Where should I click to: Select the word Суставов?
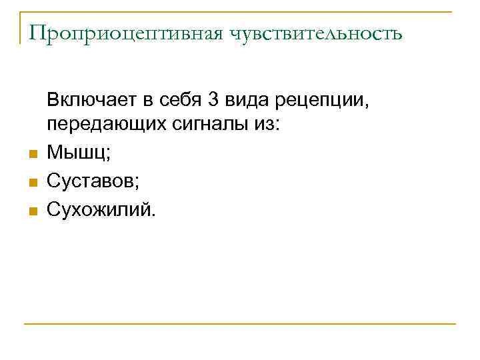pyautogui.click(x=90, y=181)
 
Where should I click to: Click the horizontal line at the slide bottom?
pyautogui.click(x=240, y=324)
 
